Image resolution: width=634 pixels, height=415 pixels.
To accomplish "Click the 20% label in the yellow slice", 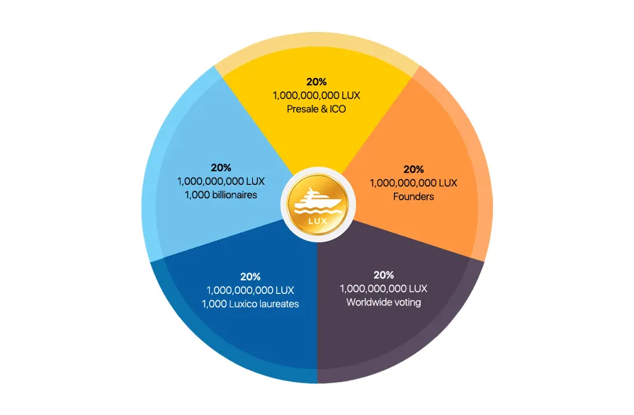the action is [316, 81].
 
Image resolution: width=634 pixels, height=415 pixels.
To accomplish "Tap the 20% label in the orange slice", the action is [413, 169].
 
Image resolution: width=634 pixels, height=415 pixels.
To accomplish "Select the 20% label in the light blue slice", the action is [221, 167].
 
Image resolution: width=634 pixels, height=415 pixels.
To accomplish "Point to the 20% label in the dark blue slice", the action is [250, 276].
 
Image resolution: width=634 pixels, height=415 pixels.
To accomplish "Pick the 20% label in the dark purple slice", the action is [383, 275].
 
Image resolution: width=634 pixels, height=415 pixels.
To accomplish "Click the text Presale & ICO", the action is [316, 109].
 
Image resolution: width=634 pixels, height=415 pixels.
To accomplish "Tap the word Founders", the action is [413, 196].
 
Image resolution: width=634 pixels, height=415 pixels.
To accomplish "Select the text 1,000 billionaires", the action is [221, 195].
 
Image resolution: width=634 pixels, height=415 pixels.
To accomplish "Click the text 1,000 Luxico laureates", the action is [250, 304].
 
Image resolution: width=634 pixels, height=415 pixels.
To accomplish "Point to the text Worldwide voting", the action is [383, 302].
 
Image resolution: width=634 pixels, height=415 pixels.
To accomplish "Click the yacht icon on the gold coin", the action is [318, 202].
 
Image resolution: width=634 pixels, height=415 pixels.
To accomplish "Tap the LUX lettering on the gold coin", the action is [318, 221].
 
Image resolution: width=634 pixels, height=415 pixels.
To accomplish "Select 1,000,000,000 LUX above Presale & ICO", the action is [316, 96].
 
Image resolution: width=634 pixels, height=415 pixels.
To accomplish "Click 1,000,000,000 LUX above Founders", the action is [413, 183].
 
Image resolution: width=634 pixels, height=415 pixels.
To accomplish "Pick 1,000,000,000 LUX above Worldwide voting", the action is [383, 288].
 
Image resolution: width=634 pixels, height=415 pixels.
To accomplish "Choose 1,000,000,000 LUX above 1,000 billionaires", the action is [221, 181].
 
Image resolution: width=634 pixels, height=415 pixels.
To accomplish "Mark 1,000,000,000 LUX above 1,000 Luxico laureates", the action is [250, 290].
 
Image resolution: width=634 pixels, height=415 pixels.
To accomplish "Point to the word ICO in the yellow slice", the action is [338, 109].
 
